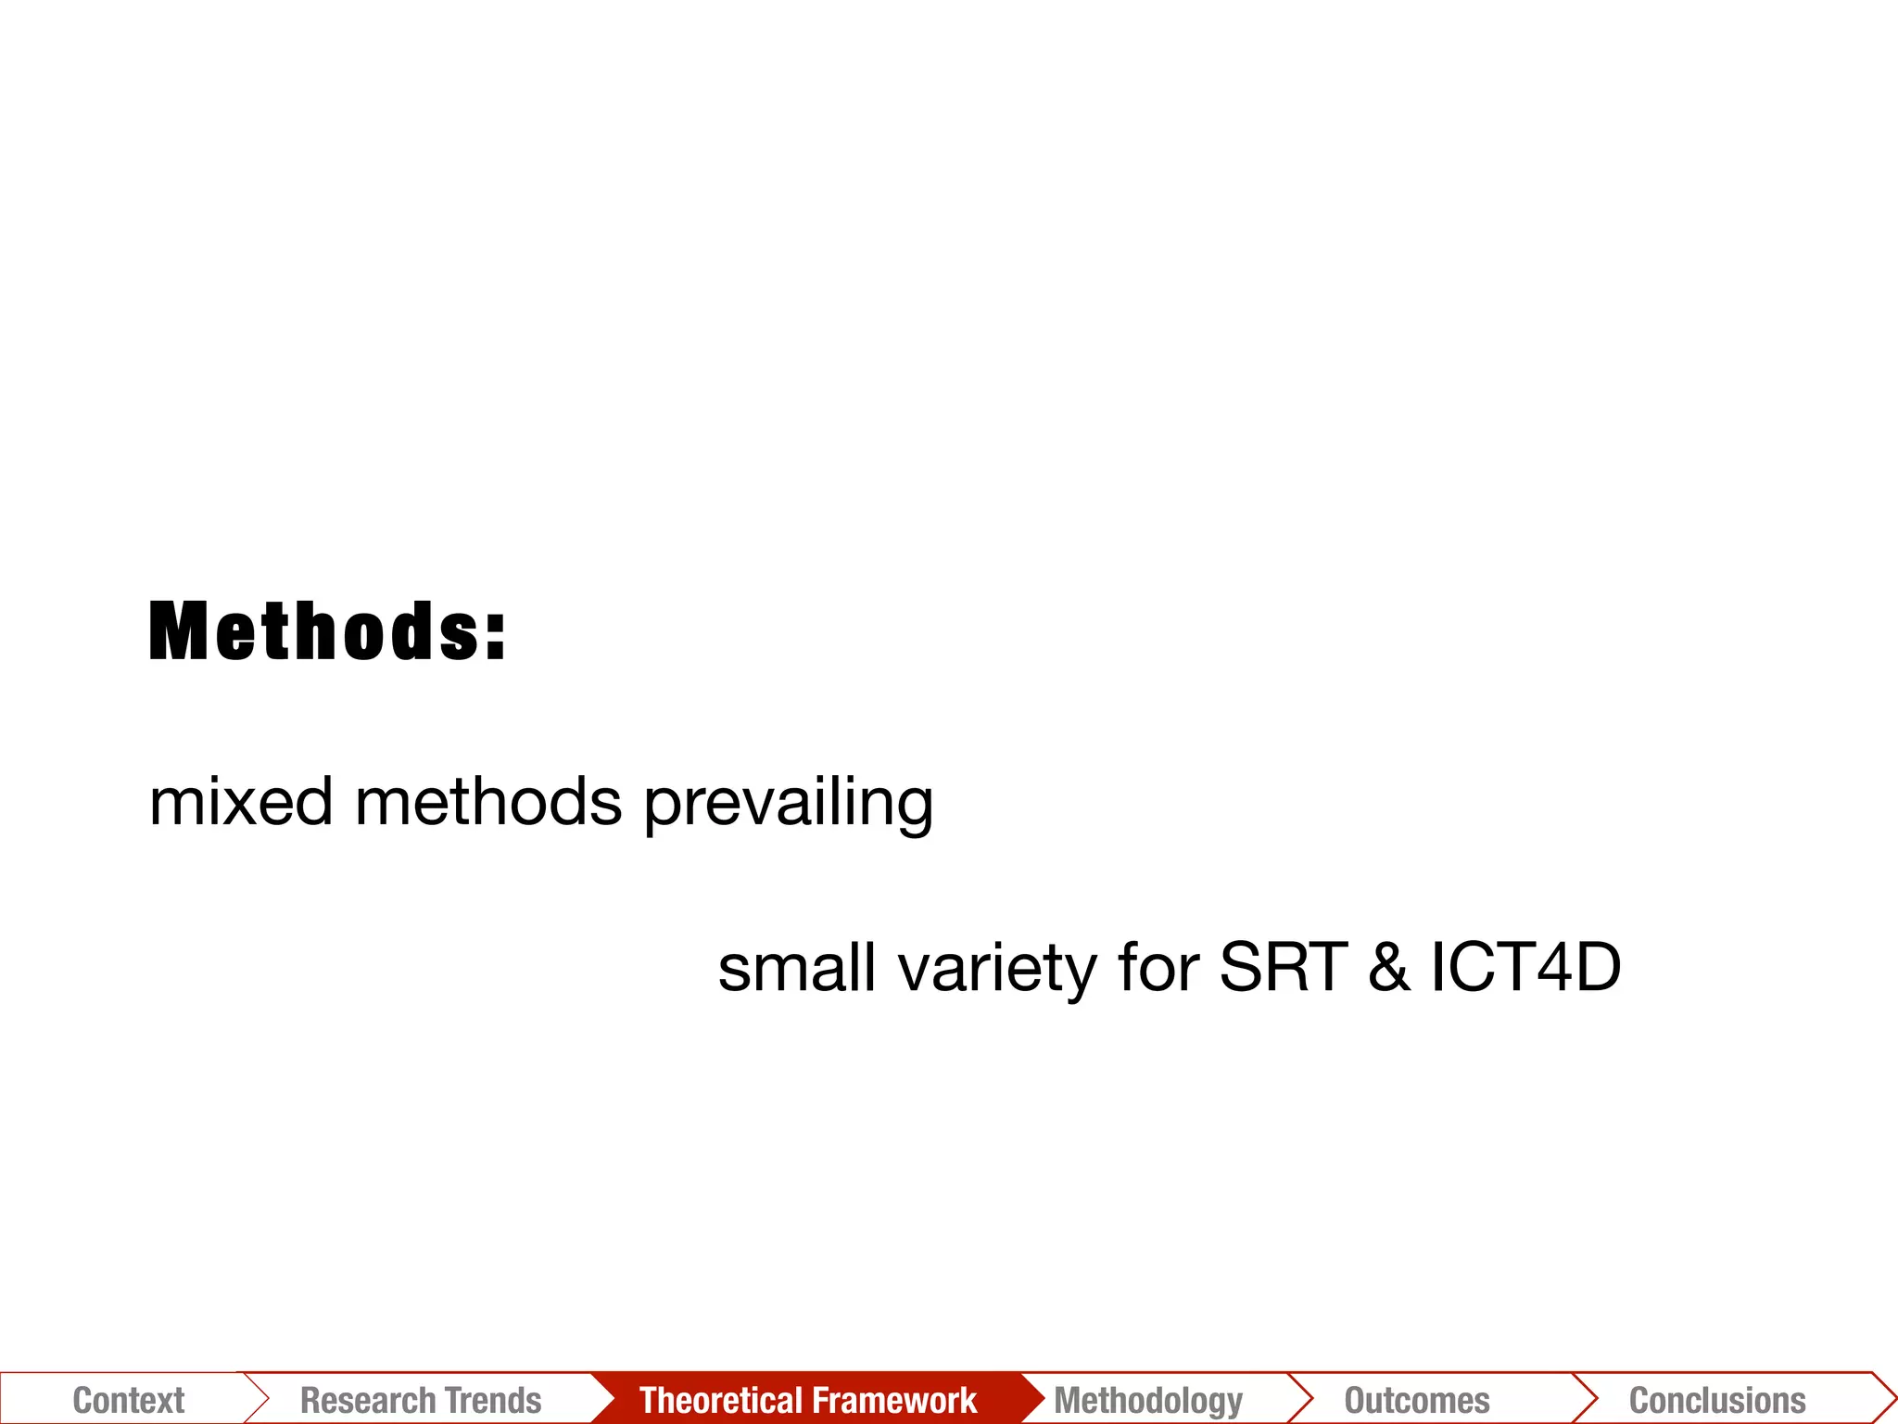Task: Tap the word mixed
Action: (x=241, y=802)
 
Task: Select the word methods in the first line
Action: (x=488, y=802)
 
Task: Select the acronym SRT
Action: (x=1284, y=968)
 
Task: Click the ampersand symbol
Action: (x=1388, y=968)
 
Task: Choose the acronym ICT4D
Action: (x=1525, y=968)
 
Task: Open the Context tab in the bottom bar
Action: (x=129, y=1400)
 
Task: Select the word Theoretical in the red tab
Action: (x=713, y=1400)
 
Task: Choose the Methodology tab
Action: (x=1148, y=1400)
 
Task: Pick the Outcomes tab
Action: (x=1417, y=1400)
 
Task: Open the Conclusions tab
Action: (x=1717, y=1400)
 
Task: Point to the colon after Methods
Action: (x=496, y=634)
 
